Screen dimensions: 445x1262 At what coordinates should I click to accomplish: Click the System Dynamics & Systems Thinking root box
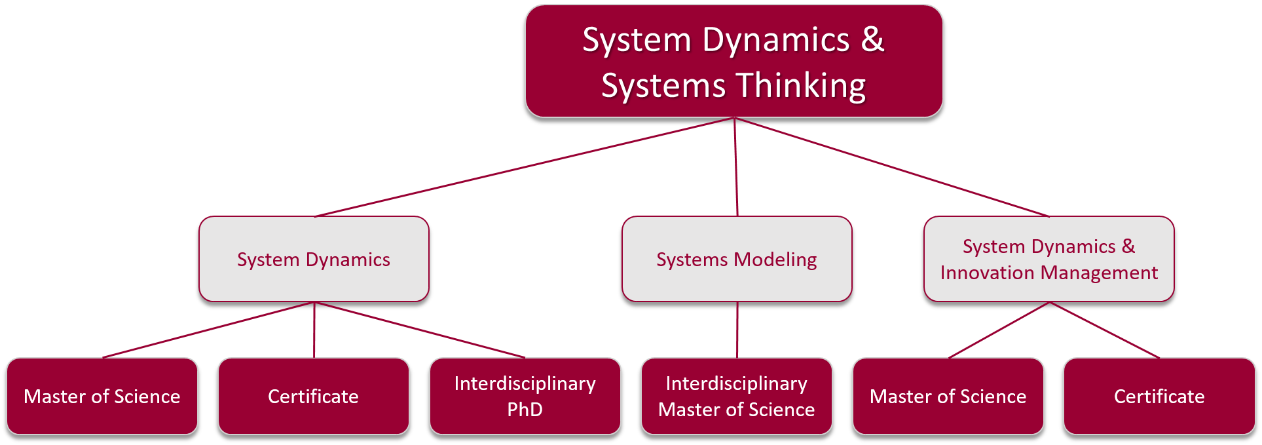pyautogui.click(x=733, y=61)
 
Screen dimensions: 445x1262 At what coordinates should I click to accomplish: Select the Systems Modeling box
pyautogui.click(x=737, y=259)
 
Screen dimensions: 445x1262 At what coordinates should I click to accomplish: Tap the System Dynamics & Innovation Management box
pyautogui.click(x=1049, y=259)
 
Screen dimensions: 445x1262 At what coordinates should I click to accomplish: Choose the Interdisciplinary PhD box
pyautogui.click(x=525, y=396)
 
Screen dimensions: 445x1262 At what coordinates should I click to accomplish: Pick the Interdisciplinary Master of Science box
pyautogui.click(x=737, y=396)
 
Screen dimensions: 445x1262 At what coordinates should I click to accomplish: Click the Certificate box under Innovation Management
pyautogui.click(x=1159, y=396)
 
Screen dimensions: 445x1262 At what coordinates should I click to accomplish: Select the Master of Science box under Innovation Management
pyautogui.click(x=948, y=396)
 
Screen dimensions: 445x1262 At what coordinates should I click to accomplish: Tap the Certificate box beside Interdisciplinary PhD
pyautogui.click(x=313, y=396)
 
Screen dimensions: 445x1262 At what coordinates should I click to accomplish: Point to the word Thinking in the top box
pyautogui.click(x=801, y=86)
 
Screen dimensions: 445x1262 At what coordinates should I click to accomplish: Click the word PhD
pyautogui.click(x=525, y=410)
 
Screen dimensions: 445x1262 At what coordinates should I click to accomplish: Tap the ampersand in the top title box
pyautogui.click(x=872, y=39)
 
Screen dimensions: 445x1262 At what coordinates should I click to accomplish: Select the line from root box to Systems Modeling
pyautogui.click(x=736, y=167)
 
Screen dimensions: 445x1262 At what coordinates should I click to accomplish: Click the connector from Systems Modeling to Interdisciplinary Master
pyautogui.click(x=737, y=330)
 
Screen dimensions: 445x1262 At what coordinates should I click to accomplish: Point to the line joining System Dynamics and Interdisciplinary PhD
pyautogui.click(x=419, y=330)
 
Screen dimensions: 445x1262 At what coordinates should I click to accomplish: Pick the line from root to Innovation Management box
pyautogui.click(x=892, y=167)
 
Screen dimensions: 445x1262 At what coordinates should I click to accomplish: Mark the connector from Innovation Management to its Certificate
pyautogui.click(x=1104, y=330)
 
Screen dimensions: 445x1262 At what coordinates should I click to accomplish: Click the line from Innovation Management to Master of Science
pyautogui.click(x=999, y=330)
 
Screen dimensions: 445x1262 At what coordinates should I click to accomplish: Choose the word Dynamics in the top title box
pyautogui.click(x=776, y=41)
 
